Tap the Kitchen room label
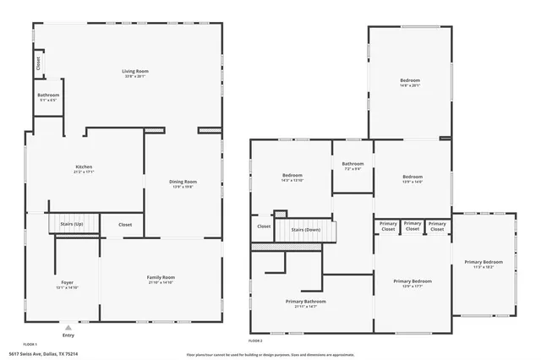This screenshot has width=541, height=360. pyautogui.click(x=84, y=166)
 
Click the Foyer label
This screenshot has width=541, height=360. pyautogui.click(x=67, y=281)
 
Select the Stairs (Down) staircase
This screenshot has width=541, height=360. pyautogui.click(x=305, y=230)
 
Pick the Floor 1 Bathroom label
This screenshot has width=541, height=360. pyautogui.click(x=49, y=95)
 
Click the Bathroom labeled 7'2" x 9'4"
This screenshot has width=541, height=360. pyautogui.click(x=352, y=163)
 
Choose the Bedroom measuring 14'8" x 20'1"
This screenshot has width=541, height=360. pyautogui.click(x=410, y=80)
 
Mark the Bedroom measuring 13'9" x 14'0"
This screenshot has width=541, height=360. pyautogui.click(x=413, y=175)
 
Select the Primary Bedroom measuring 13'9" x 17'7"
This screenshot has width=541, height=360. pyautogui.click(x=413, y=281)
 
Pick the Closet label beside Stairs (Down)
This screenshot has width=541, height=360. pyautogui.click(x=264, y=226)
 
